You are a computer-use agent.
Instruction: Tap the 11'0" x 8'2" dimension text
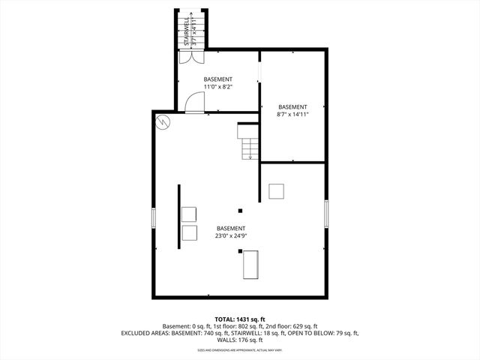pyautogui.click(x=218, y=87)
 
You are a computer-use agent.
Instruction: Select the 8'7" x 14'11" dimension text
pyautogui.click(x=292, y=115)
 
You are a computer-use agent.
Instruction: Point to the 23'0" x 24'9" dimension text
pyautogui.click(x=230, y=235)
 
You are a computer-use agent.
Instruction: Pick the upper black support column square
pyautogui.click(x=240, y=211)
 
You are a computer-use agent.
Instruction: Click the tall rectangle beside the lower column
pyautogui.click(x=250, y=265)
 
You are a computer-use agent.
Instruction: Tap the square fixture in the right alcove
pyautogui.click(x=277, y=191)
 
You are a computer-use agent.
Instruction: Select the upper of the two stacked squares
pyautogui.click(x=188, y=214)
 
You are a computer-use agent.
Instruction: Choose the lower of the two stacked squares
pyautogui.click(x=188, y=232)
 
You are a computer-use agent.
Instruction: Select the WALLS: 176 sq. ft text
pyautogui.click(x=239, y=340)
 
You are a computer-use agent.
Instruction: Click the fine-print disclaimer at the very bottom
pyautogui.click(x=239, y=350)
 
